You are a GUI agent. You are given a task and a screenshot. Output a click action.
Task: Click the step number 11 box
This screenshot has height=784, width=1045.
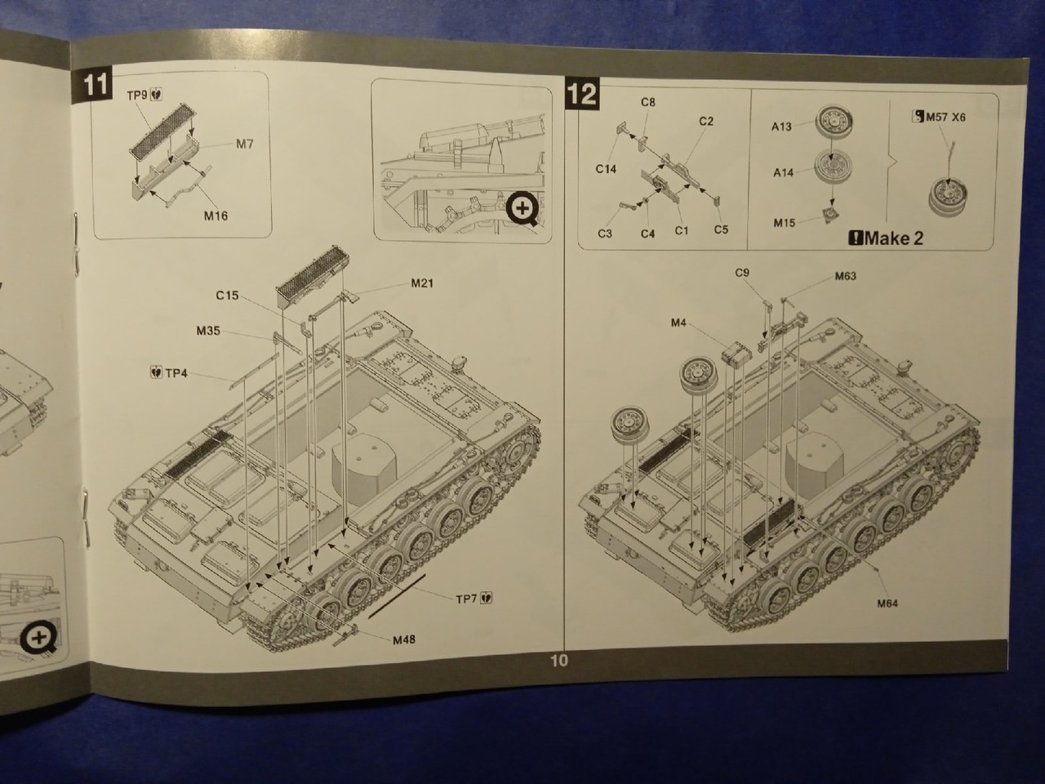click(x=96, y=86)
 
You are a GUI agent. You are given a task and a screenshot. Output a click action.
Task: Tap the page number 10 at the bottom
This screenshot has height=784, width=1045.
click(x=558, y=660)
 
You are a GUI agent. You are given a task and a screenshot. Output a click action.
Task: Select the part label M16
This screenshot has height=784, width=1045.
click(x=216, y=216)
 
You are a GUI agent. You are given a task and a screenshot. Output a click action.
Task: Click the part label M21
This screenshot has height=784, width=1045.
click(x=422, y=283)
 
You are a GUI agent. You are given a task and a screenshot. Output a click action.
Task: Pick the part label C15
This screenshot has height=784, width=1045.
click(x=227, y=295)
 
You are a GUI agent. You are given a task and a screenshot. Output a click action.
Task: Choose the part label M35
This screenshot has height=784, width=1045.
click(x=208, y=331)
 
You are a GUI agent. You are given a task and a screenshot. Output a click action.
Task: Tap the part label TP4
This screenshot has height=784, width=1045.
click(x=176, y=373)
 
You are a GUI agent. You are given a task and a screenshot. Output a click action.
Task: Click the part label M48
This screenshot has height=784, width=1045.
click(x=403, y=639)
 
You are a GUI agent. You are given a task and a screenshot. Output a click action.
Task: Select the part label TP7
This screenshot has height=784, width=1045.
click(x=466, y=599)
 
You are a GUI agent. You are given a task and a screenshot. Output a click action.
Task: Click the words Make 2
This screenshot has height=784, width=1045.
click(x=892, y=238)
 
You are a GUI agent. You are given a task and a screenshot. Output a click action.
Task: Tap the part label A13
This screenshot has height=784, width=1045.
click(x=781, y=127)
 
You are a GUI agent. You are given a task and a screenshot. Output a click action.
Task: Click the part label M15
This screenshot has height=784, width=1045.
click(x=784, y=222)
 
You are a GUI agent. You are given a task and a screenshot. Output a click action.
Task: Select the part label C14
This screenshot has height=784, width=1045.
click(x=605, y=169)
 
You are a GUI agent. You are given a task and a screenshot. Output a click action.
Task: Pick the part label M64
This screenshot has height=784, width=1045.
click(x=887, y=604)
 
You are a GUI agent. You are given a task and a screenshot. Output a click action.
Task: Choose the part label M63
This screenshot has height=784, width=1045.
click(x=846, y=276)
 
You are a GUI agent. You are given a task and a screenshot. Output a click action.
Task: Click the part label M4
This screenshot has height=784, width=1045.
click(x=678, y=323)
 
